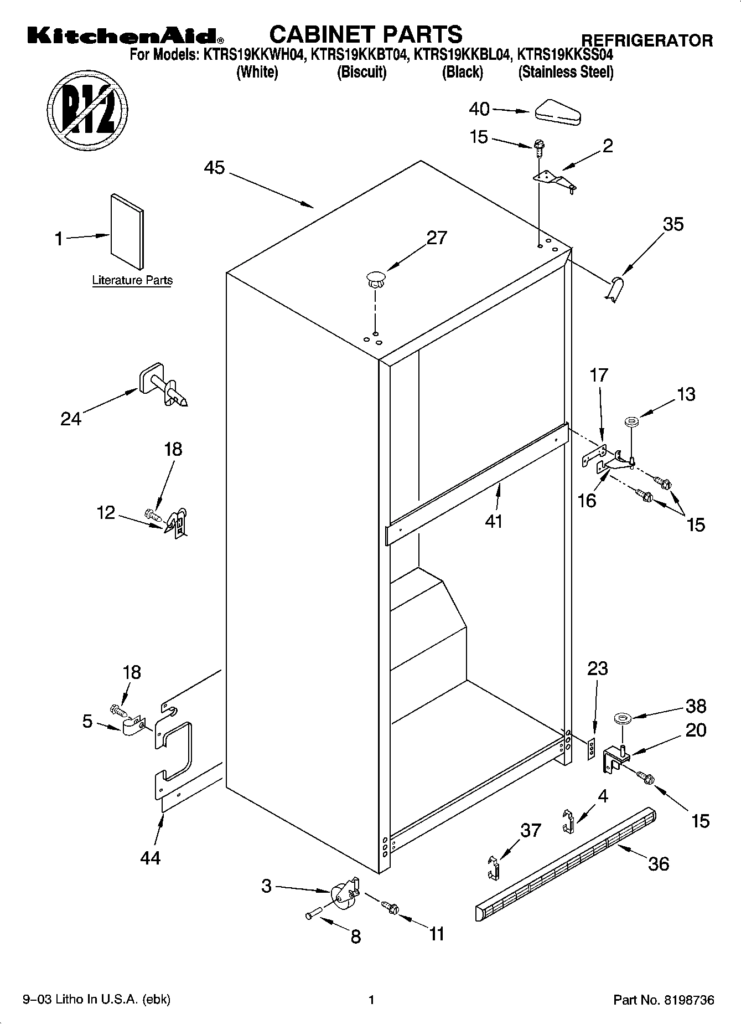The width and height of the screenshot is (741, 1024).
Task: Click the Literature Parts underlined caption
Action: click(x=132, y=281)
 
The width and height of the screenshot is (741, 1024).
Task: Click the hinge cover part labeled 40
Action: click(x=557, y=112)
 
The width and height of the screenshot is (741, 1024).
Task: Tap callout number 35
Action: click(x=673, y=224)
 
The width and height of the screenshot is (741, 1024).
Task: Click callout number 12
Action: click(x=106, y=513)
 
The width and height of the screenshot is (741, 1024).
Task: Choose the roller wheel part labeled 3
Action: click(x=344, y=892)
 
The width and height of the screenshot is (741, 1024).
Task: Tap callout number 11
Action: click(x=437, y=934)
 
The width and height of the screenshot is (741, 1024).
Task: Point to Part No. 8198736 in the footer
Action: click(x=664, y=1000)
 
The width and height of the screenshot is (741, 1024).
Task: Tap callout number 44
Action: click(x=150, y=858)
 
